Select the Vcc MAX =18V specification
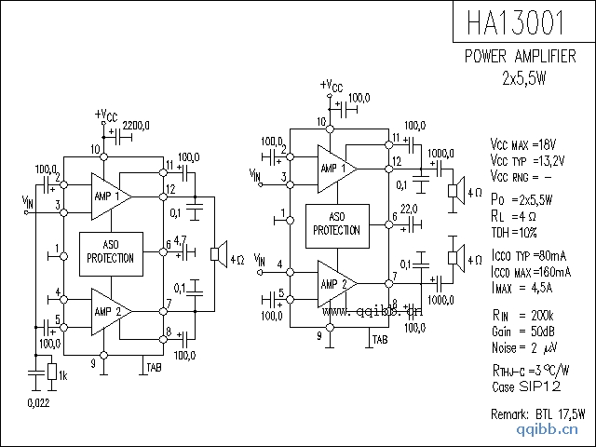click(522, 144)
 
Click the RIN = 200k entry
click(522, 315)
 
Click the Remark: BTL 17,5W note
click(538, 413)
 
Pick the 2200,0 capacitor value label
click(136, 125)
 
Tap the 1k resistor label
click(62, 374)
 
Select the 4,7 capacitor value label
click(181, 240)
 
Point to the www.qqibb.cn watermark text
click(373, 311)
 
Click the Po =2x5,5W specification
click(521, 199)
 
